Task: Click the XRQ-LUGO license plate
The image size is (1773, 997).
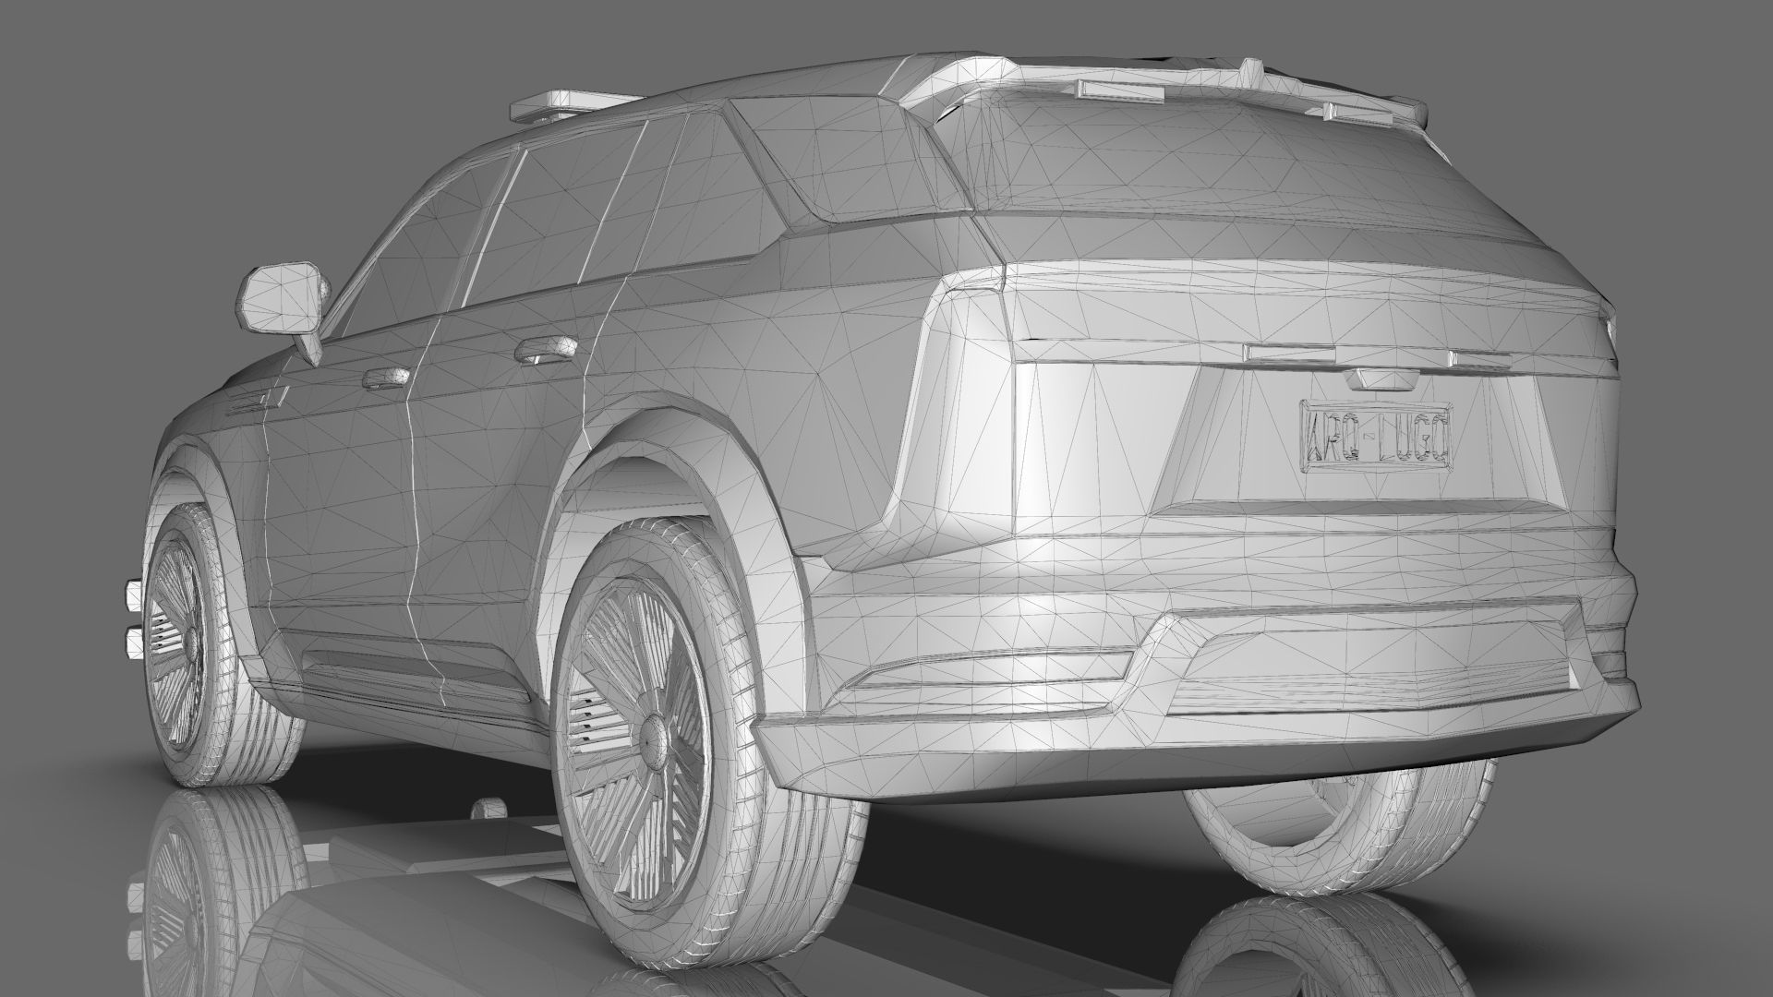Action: (x=1375, y=436)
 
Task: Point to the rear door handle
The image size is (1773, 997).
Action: (x=543, y=350)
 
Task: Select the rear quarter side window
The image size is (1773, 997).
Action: (x=711, y=198)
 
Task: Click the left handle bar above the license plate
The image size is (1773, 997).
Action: (x=1282, y=353)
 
